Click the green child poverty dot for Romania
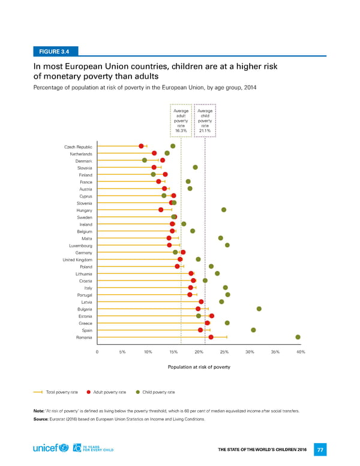point(298,337)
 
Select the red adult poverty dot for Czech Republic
point(141,146)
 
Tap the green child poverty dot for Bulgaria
point(259,309)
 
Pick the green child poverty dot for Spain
point(254,330)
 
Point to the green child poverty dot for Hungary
point(224,210)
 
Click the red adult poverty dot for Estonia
point(212,316)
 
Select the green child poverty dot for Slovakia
point(195,167)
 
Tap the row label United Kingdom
point(78,259)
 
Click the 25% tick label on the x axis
point(224,352)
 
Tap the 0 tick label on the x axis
point(97,352)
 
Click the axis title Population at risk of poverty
point(199,366)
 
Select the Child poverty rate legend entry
point(155,392)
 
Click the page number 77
point(321,449)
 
